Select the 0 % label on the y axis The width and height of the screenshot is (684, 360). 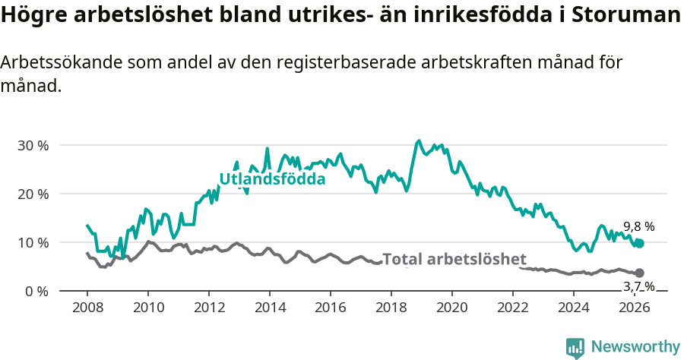[36, 291]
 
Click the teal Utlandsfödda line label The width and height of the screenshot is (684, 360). [272, 179]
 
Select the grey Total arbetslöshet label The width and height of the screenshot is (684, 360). [454, 259]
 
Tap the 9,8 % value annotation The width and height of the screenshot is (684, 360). [638, 226]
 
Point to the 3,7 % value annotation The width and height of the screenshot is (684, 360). [638, 286]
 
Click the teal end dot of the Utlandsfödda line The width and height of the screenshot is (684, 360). [639, 243]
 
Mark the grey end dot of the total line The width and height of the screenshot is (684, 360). [639, 273]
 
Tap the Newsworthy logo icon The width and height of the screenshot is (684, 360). [575, 347]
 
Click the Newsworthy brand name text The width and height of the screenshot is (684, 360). [635, 347]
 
